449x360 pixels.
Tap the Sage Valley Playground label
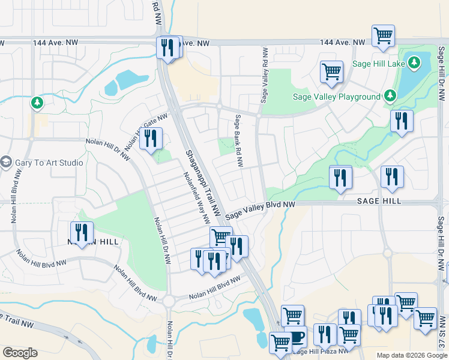pyautogui.click(x=336, y=97)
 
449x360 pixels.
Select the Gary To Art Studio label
pyautogui.click(x=49, y=162)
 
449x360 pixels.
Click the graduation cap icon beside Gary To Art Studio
pyautogui.click(x=7, y=162)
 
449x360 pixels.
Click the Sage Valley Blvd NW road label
pyautogui.click(x=261, y=209)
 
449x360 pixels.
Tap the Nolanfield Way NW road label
pyautogui.click(x=196, y=196)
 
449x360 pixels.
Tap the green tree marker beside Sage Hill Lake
pyautogui.click(x=414, y=62)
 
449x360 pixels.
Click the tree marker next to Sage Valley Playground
pyautogui.click(x=390, y=96)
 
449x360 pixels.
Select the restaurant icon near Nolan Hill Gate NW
pyautogui.click(x=151, y=138)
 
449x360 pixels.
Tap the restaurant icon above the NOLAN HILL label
pyautogui.click(x=82, y=232)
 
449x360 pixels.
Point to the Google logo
pyautogui.click(x=20, y=353)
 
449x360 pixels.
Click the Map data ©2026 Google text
pyautogui.click(x=412, y=355)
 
